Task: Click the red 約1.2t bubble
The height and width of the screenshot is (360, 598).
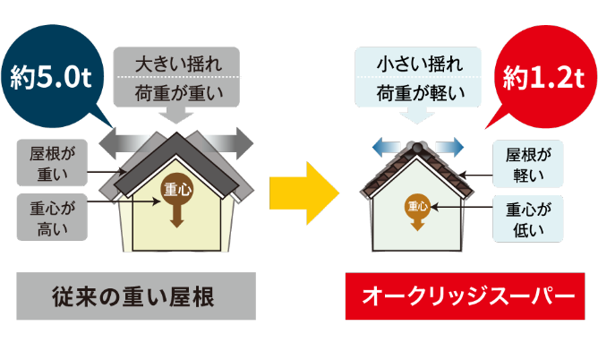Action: pyautogui.click(x=543, y=76)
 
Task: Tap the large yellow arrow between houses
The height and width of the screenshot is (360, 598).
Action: pyautogui.click(x=304, y=192)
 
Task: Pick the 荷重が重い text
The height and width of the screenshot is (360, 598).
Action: pyautogui.click(x=176, y=91)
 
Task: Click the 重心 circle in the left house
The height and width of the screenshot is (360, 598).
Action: pyautogui.click(x=176, y=189)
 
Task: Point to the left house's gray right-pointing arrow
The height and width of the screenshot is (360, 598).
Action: pyautogui.click(x=229, y=141)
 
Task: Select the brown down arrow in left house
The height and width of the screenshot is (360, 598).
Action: pyautogui.click(x=176, y=215)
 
